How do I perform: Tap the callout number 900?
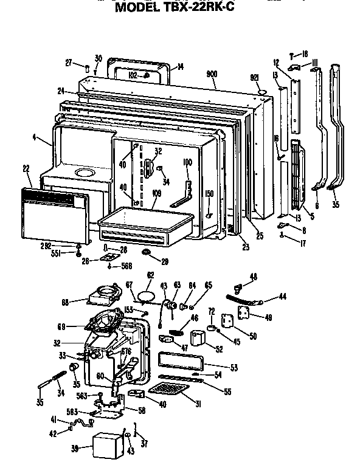[212, 74]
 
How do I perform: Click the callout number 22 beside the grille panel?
[26, 168]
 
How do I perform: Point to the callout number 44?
[282, 296]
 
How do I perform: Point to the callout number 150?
[210, 194]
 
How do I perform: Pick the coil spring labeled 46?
[176, 332]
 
